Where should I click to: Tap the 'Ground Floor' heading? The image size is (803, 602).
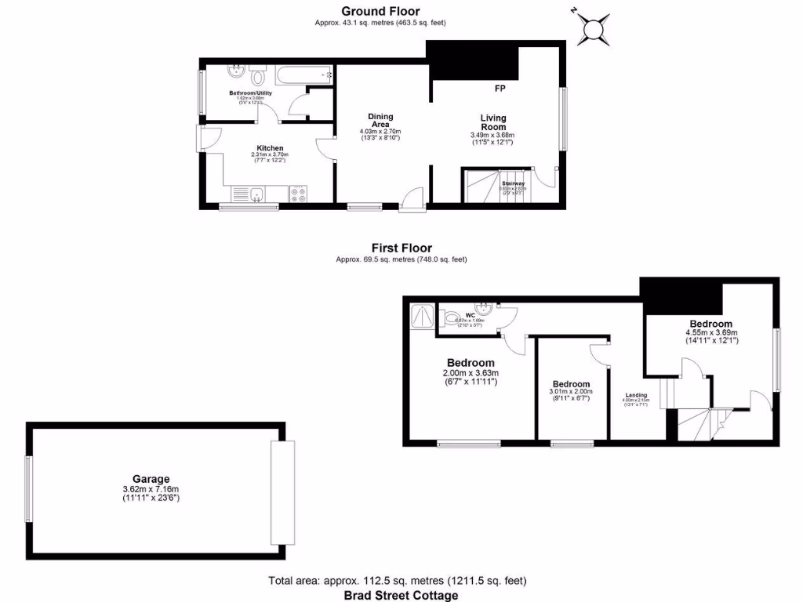[x=380, y=11]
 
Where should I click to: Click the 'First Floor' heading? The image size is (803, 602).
[x=401, y=248]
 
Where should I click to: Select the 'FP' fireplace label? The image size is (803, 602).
[x=500, y=87]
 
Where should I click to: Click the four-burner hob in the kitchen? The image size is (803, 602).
[x=299, y=194]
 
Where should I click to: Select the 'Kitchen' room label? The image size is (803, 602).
[x=270, y=148]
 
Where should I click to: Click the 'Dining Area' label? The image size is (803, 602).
[x=380, y=121]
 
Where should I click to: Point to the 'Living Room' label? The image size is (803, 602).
[x=493, y=122]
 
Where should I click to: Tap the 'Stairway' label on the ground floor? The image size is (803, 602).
[x=514, y=183]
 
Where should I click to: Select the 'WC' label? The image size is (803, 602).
[x=471, y=315]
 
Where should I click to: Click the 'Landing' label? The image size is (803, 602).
[x=636, y=395]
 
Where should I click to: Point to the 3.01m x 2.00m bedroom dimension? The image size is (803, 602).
[x=570, y=392]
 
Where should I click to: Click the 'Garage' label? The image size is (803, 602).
[x=151, y=479]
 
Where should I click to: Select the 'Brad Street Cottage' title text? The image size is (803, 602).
[x=401, y=595]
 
